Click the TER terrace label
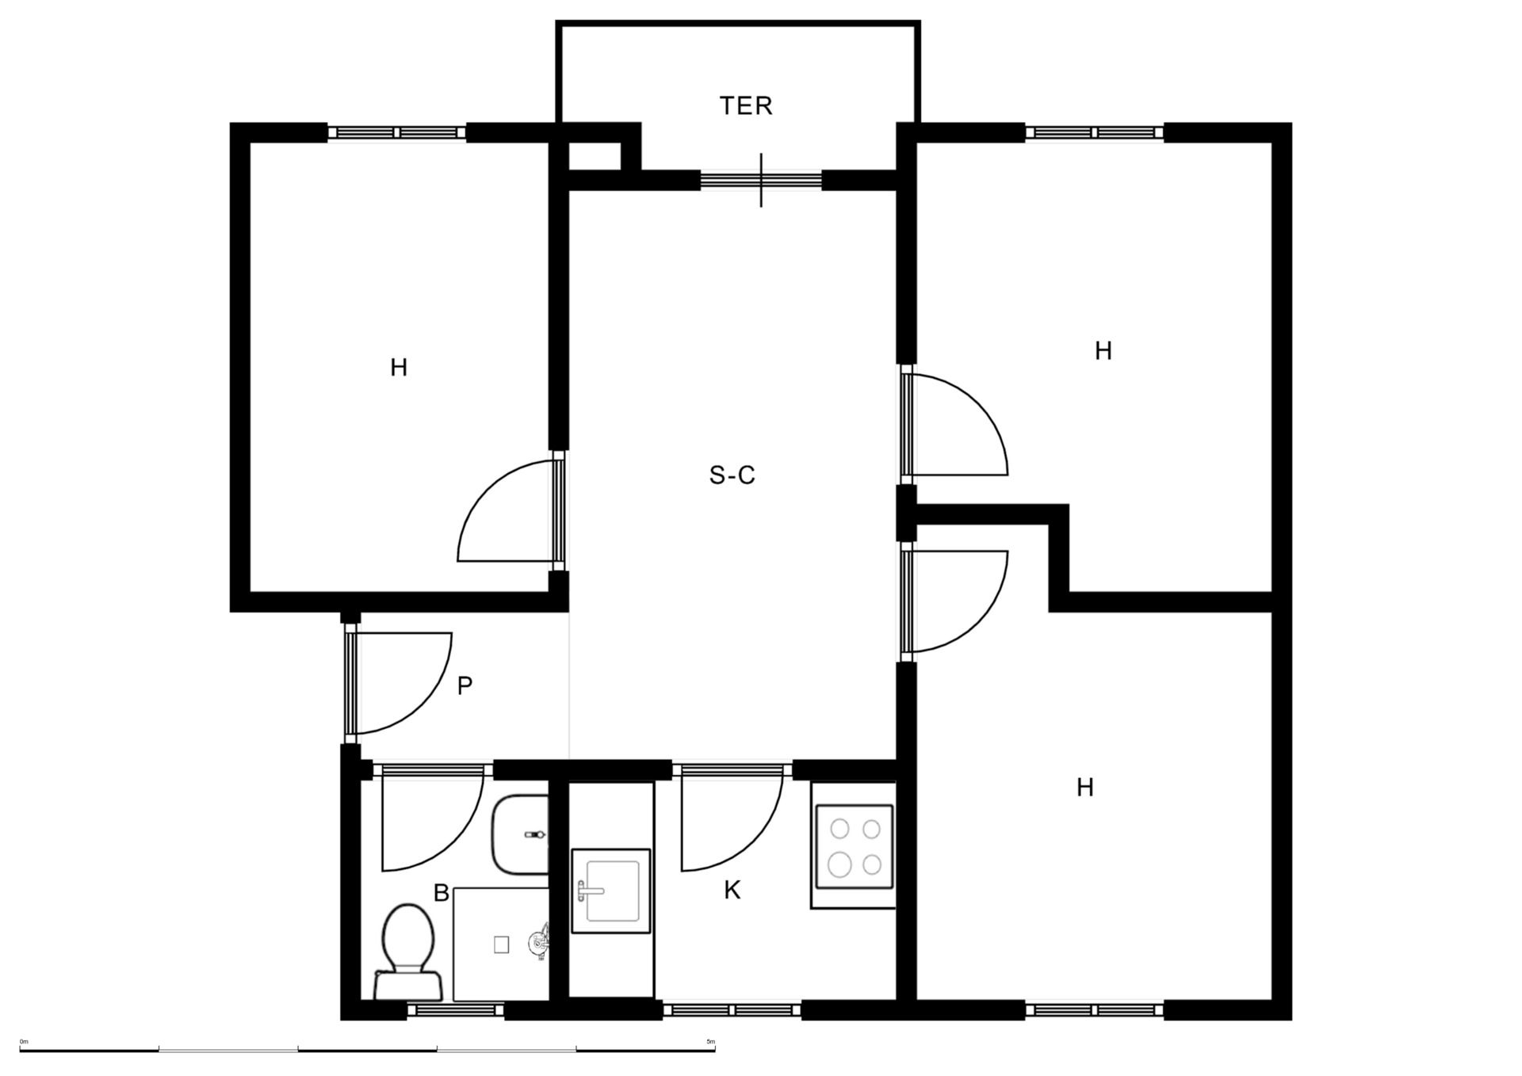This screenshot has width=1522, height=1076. coord(745,105)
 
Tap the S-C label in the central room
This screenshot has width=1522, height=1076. coord(732,475)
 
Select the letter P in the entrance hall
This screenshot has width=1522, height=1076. coord(465,685)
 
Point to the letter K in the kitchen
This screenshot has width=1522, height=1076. coord(732,890)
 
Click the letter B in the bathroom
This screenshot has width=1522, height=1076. coord(442,893)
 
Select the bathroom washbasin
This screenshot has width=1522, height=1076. coord(520,834)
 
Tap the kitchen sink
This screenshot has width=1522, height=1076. coord(610,891)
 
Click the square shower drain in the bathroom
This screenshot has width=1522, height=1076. coord(501,944)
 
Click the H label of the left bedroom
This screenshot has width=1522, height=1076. coord(399,368)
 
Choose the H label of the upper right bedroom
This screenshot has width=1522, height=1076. coord(1103,351)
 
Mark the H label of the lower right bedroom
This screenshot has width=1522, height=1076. coord(1085,788)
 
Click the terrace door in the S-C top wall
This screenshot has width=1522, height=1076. coord(761,181)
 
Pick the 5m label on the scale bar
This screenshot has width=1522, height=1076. coord(710,1042)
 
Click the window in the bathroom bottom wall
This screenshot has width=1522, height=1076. coord(456,1009)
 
